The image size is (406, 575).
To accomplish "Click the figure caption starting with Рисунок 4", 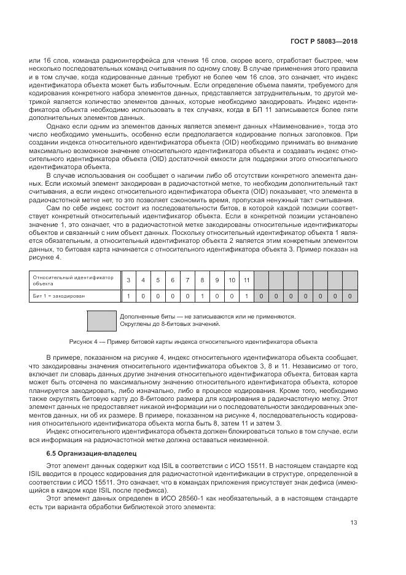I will point(193,340).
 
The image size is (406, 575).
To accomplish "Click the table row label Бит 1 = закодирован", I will point(59,296).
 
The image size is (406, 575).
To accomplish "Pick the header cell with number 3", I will point(128,280).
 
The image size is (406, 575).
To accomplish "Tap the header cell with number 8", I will point(202,280).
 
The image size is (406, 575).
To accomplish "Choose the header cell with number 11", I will point(246,280).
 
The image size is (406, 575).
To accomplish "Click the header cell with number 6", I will point(173,280).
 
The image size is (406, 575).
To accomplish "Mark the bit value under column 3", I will point(128,296).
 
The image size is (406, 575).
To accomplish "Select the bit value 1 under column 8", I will point(202,296).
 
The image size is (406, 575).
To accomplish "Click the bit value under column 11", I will point(246,296).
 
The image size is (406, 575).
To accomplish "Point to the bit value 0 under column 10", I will point(232,296).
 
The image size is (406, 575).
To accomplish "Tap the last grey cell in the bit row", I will point(349,296).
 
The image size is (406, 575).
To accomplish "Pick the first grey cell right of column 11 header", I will point(261,280).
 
